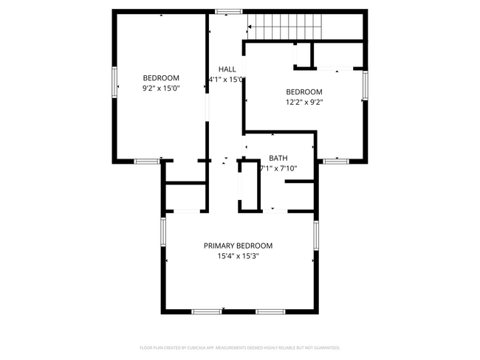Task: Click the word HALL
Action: [x=227, y=69]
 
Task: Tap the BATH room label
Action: [x=278, y=158]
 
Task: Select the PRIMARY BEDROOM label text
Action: [x=238, y=246]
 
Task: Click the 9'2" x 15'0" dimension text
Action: [x=161, y=88]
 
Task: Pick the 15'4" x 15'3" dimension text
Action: [x=238, y=257]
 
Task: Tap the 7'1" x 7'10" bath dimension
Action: [x=278, y=168]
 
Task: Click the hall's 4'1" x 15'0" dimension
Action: [x=227, y=79]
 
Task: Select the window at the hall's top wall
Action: [x=228, y=11]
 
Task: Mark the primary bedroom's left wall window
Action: [x=163, y=232]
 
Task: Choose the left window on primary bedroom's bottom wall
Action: [x=206, y=312]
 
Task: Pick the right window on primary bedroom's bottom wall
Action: [x=270, y=312]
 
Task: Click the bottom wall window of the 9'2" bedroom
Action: [x=146, y=161]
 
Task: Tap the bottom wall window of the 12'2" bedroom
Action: [x=336, y=160]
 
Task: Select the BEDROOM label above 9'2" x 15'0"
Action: [x=161, y=77]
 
